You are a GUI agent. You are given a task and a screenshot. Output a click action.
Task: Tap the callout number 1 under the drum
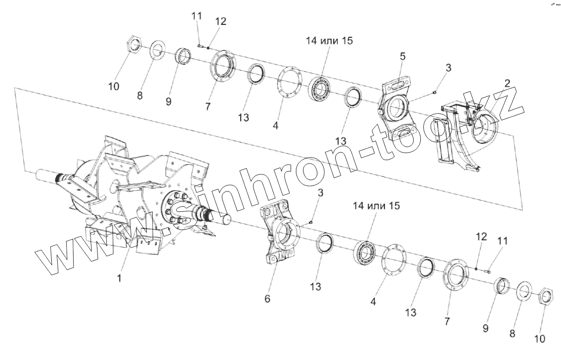click(x=119, y=279)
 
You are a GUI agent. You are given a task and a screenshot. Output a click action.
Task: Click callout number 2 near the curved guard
click(x=507, y=84)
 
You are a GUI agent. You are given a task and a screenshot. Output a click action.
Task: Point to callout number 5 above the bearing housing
click(x=403, y=57)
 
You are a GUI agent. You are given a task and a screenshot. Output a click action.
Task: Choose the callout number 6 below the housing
click(x=268, y=299)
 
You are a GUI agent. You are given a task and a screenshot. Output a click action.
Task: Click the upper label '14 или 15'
click(x=329, y=41)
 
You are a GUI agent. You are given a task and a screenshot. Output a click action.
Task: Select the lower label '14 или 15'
click(x=376, y=205)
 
